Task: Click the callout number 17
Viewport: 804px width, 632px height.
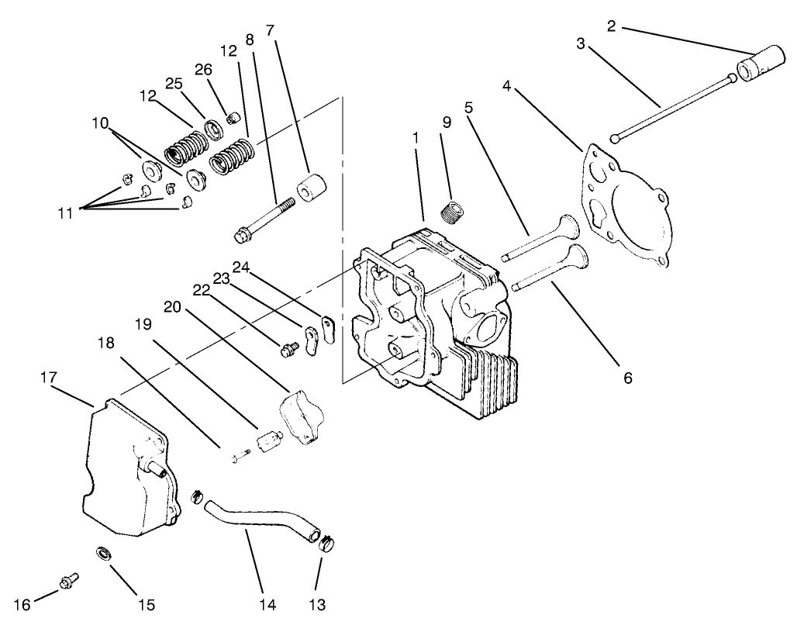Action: pos(48,377)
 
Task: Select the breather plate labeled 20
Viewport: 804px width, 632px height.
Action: pos(298,414)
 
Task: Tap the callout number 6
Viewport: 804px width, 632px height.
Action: pos(627,378)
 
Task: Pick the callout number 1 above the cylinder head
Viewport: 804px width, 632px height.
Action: pos(416,136)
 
